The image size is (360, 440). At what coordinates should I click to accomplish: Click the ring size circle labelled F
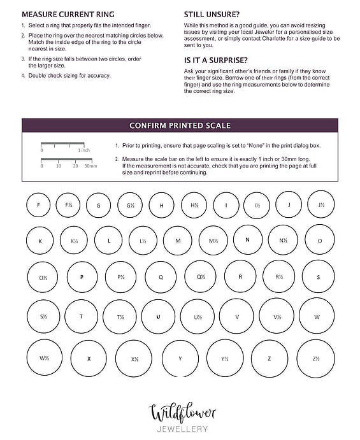27,205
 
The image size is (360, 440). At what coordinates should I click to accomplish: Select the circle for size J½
308,204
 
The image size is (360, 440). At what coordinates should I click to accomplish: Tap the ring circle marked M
164,241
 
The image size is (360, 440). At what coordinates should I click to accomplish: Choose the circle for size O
305,240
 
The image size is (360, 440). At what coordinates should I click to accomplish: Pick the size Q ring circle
145,277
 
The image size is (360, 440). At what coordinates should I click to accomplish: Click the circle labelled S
303,276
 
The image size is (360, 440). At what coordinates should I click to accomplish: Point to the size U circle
141,316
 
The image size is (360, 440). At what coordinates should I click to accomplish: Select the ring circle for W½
27,357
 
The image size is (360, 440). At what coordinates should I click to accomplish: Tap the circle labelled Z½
297,358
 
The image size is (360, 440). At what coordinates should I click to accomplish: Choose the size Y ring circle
162,358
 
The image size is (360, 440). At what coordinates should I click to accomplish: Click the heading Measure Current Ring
68,14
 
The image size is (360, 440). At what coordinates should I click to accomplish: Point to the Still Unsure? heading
212,14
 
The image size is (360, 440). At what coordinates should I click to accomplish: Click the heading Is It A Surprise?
215,60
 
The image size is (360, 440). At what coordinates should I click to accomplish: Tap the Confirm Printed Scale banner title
180,125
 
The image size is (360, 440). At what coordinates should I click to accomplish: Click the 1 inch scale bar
62,143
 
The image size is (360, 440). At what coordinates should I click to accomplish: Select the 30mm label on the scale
90,166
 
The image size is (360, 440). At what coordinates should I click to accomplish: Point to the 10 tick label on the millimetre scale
59,166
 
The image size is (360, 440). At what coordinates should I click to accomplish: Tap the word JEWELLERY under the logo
182,429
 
